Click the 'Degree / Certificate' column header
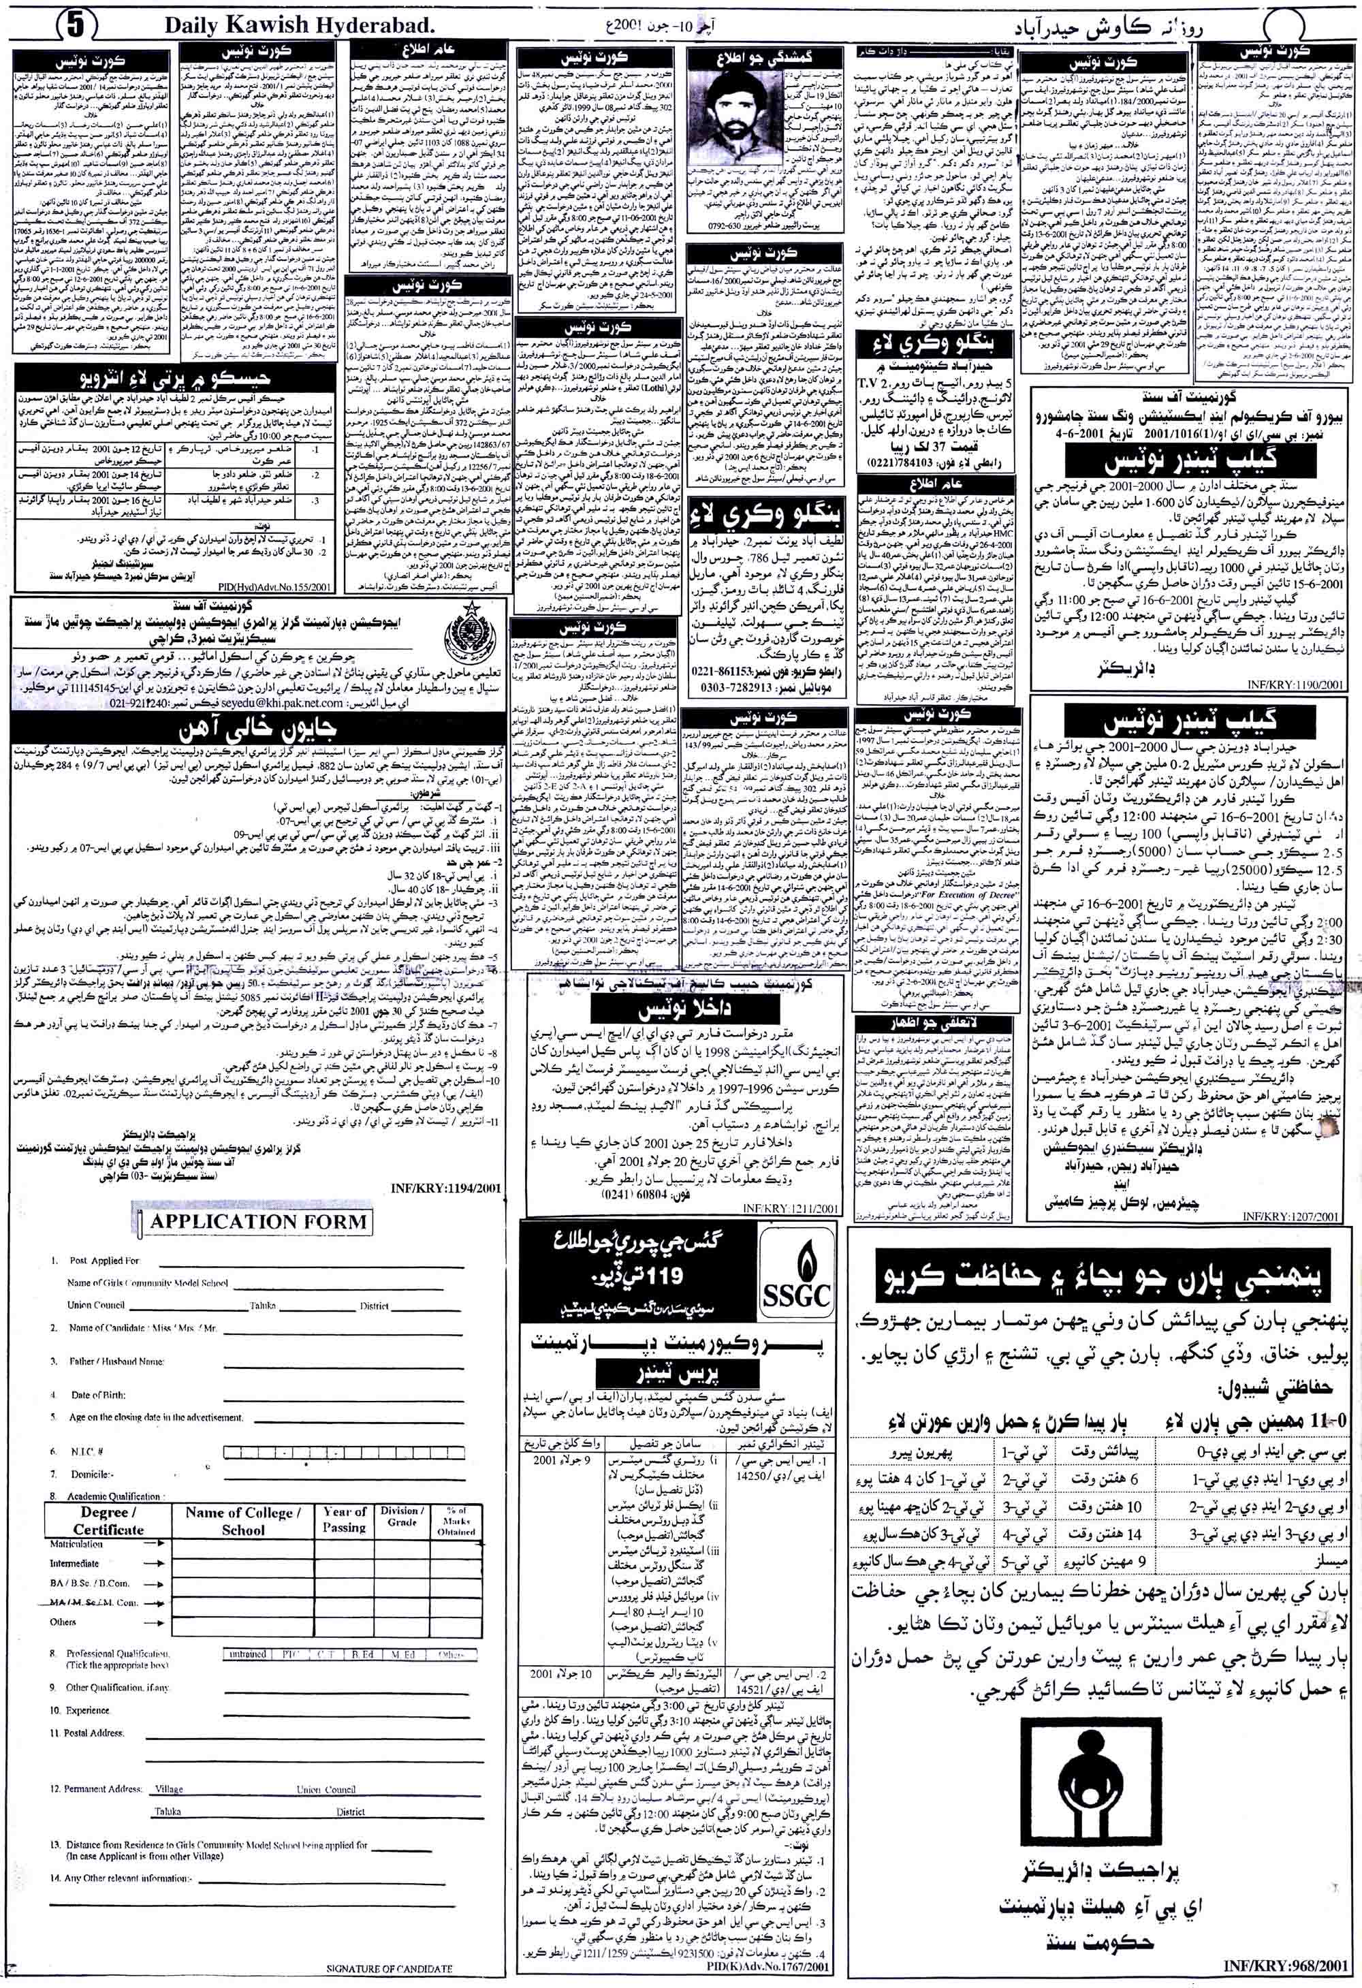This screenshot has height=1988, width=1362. coord(108,1519)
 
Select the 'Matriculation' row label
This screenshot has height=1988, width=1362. coord(76,1544)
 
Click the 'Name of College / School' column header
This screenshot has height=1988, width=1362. coord(244,1519)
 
